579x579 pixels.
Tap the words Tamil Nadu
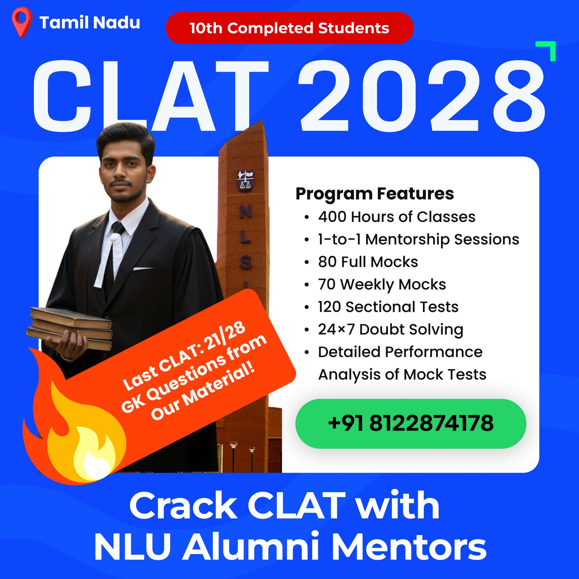[90, 22]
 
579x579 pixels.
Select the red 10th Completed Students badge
[289, 28]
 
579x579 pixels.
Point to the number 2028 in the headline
[422, 96]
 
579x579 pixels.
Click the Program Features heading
[375, 194]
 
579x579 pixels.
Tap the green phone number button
[411, 423]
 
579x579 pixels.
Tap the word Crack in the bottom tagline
[183, 506]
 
